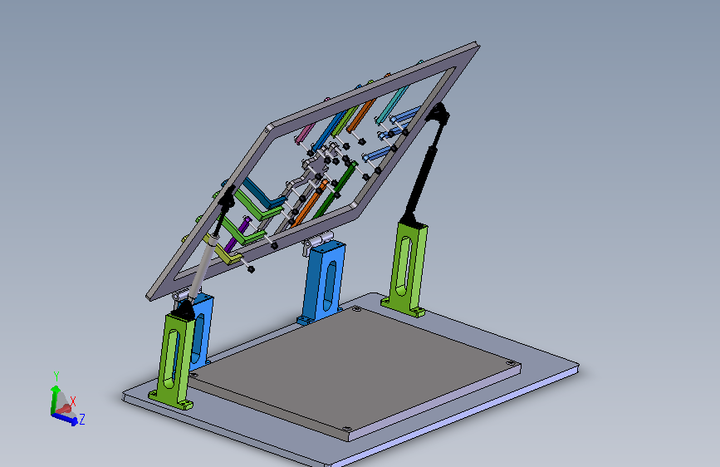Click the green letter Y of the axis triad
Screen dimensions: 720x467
56,376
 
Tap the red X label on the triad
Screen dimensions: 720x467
73,401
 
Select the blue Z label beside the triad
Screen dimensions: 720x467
82,419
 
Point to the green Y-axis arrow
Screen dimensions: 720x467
55,400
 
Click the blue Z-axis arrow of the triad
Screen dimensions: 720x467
65,418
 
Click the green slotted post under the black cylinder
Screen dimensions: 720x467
406,270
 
